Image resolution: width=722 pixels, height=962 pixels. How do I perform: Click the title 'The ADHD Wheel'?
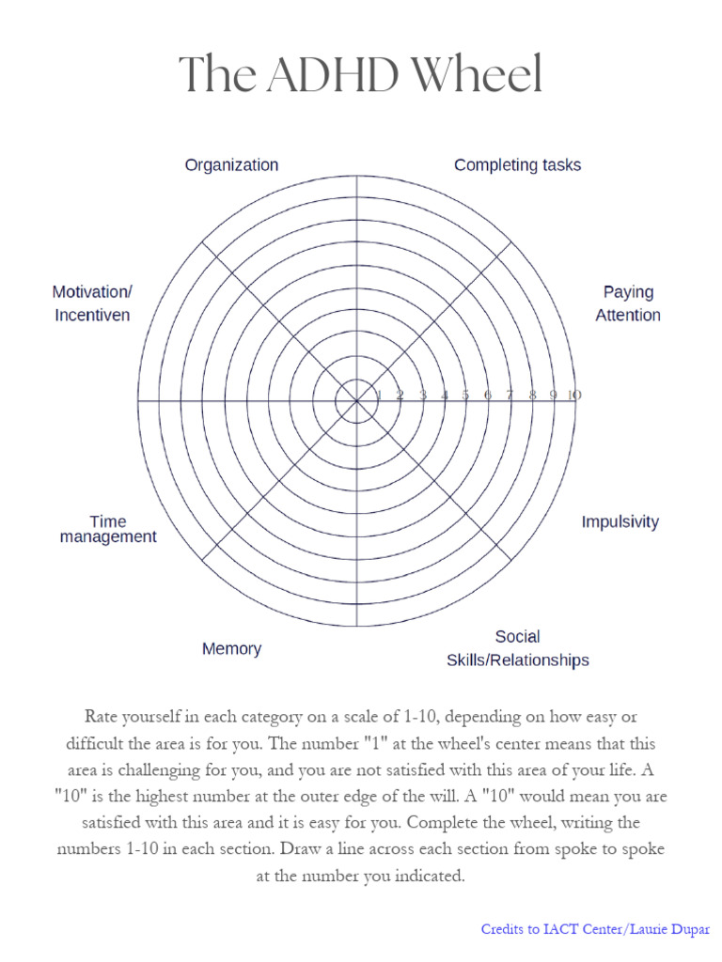361,74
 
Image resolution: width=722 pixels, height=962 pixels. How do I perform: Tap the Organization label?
231,165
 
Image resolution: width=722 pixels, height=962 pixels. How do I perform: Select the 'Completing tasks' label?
517,165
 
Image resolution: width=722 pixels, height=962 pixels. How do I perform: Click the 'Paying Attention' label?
628,303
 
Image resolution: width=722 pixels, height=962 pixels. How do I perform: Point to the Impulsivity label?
620,521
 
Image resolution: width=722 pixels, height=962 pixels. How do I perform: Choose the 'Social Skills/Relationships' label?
517,648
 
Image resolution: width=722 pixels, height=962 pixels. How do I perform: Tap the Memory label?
231,648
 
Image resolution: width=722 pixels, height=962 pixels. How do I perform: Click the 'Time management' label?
108,529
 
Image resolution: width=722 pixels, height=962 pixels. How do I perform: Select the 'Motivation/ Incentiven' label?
92,303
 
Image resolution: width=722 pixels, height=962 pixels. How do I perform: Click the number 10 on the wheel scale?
573,396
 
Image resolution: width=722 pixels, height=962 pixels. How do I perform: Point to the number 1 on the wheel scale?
378,396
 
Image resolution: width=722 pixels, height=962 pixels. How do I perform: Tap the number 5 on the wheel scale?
465,396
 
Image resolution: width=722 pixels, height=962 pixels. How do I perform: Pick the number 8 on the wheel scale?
532,396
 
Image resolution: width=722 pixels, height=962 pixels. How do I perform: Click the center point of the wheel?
356,401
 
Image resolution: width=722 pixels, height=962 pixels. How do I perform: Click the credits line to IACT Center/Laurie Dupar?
595,929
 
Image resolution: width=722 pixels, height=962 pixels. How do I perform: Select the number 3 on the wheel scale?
422,396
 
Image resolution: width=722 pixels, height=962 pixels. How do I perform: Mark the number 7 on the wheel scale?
510,396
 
